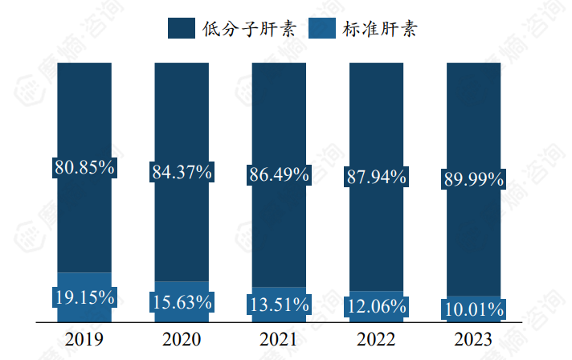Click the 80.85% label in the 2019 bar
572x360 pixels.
pyautogui.click(x=84, y=168)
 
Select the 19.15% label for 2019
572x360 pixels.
pyautogui.click(x=84, y=297)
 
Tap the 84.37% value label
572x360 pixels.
pyautogui.click(x=182, y=171)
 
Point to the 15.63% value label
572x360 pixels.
pyautogui.click(x=182, y=302)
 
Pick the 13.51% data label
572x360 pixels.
pyautogui.click(x=279, y=305)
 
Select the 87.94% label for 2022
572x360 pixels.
pyautogui.click(x=376, y=177)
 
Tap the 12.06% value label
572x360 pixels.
pyautogui.click(x=376, y=306)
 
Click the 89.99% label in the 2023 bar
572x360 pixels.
pyautogui.click(x=473, y=179)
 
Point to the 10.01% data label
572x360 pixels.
pyautogui.click(x=473, y=309)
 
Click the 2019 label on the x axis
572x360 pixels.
pyautogui.click(x=84, y=338)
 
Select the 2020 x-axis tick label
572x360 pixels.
pyautogui.click(x=182, y=338)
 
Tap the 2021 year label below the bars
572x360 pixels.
pyautogui.click(x=279, y=338)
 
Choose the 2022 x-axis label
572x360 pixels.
pyautogui.click(x=376, y=338)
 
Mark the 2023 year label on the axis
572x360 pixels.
pyautogui.click(x=473, y=338)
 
